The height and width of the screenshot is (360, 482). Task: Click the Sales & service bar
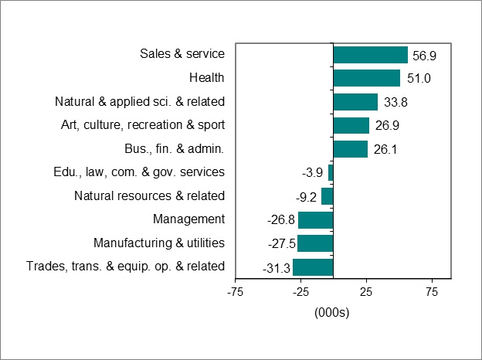370,54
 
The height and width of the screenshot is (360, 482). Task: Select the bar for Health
366,78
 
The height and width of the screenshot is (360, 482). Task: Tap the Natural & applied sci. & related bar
355,102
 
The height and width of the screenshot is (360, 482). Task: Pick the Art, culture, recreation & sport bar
351,125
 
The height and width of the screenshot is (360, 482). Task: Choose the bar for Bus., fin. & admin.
350,149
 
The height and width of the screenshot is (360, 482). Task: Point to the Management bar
315,220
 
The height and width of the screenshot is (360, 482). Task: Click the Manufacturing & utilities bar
315,243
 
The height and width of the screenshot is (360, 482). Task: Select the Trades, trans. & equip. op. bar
313,267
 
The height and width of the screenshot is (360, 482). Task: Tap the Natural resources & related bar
327,196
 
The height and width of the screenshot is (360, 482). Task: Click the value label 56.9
424,55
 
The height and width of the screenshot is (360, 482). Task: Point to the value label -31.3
276,268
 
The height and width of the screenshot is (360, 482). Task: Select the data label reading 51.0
416,78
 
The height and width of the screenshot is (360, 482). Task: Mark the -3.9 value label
313,173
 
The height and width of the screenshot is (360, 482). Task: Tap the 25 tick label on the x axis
366,293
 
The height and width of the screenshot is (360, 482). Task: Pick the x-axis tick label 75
432,293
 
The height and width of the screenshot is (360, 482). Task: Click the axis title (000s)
332,313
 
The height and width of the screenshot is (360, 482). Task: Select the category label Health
206,77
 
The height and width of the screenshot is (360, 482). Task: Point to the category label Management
188,219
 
